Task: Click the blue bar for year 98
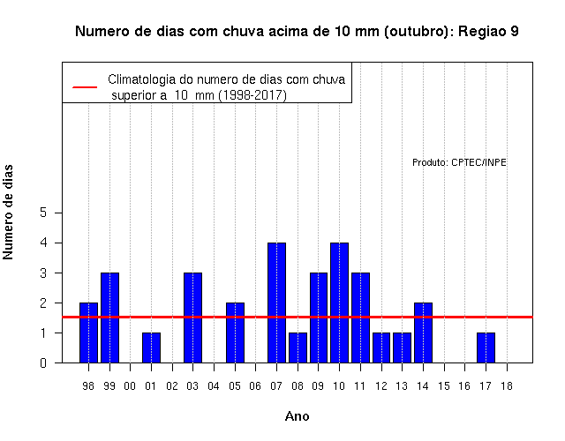pyautogui.click(x=88, y=333)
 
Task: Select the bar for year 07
pyautogui.click(x=276, y=303)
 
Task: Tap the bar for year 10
pyautogui.click(x=339, y=303)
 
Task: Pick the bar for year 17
pyautogui.click(x=486, y=348)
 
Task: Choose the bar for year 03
pyautogui.click(x=192, y=318)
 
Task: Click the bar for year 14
pyautogui.click(x=423, y=333)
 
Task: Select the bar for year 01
pyautogui.click(x=151, y=348)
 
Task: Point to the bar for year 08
pyautogui.click(x=298, y=348)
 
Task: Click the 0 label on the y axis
pyautogui.click(x=43, y=363)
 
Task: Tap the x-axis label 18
pyautogui.click(x=507, y=386)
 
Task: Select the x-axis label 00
pyautogui.click(x=130, y=386)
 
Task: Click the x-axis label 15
pyautogui.click(x=444, y=386)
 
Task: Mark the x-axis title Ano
pyautogui.click(x=298, y=416)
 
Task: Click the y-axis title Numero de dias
pyautogui.click(x=8, y=212)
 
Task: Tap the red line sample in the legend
pyautogui.click(x=85, y=87)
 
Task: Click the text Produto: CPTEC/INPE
pyautogui.click(x=459, y=162)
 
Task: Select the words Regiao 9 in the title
pyautogui.click(x=488, y=32)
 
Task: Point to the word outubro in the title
pyautogui.click(x=416, y=32)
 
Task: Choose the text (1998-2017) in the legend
pyautogui.click(x=252, y=95)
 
